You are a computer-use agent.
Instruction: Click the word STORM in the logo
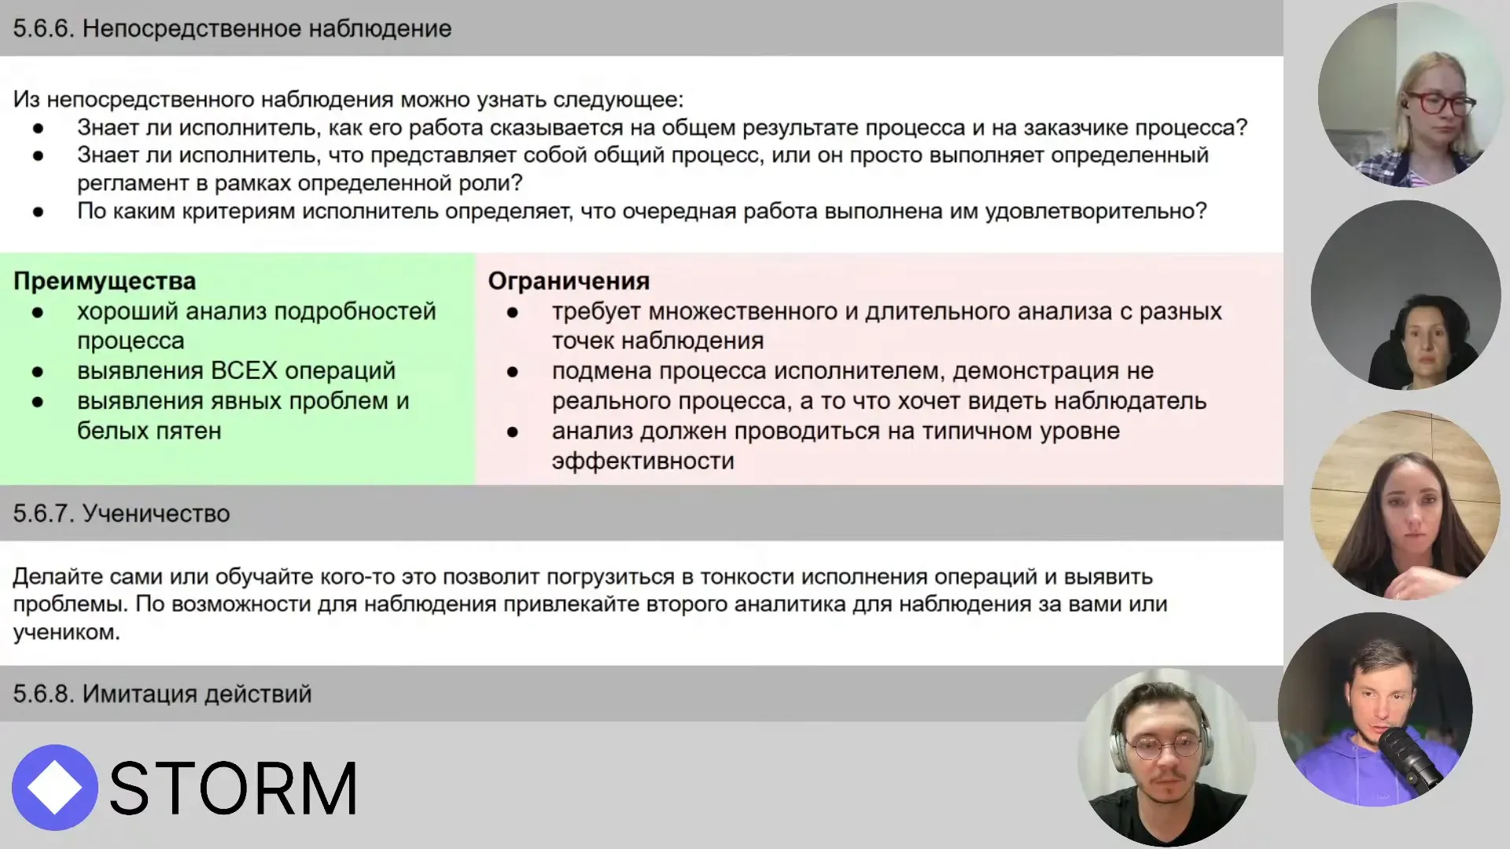[233, 788]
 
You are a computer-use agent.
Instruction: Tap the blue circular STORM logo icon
[54, 788]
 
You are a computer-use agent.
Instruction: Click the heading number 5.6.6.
[43, 29]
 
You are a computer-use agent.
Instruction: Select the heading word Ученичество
[156, 513]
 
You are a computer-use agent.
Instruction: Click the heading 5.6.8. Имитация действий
[162, 694]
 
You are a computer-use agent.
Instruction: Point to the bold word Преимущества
[105, 281]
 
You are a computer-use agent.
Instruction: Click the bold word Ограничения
[569, 281]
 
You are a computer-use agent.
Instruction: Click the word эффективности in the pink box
[643, 461]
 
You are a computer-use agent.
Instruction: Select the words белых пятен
[149, 431]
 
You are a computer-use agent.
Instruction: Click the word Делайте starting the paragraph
[57, 577]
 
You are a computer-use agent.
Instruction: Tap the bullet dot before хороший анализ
[38, 312]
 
